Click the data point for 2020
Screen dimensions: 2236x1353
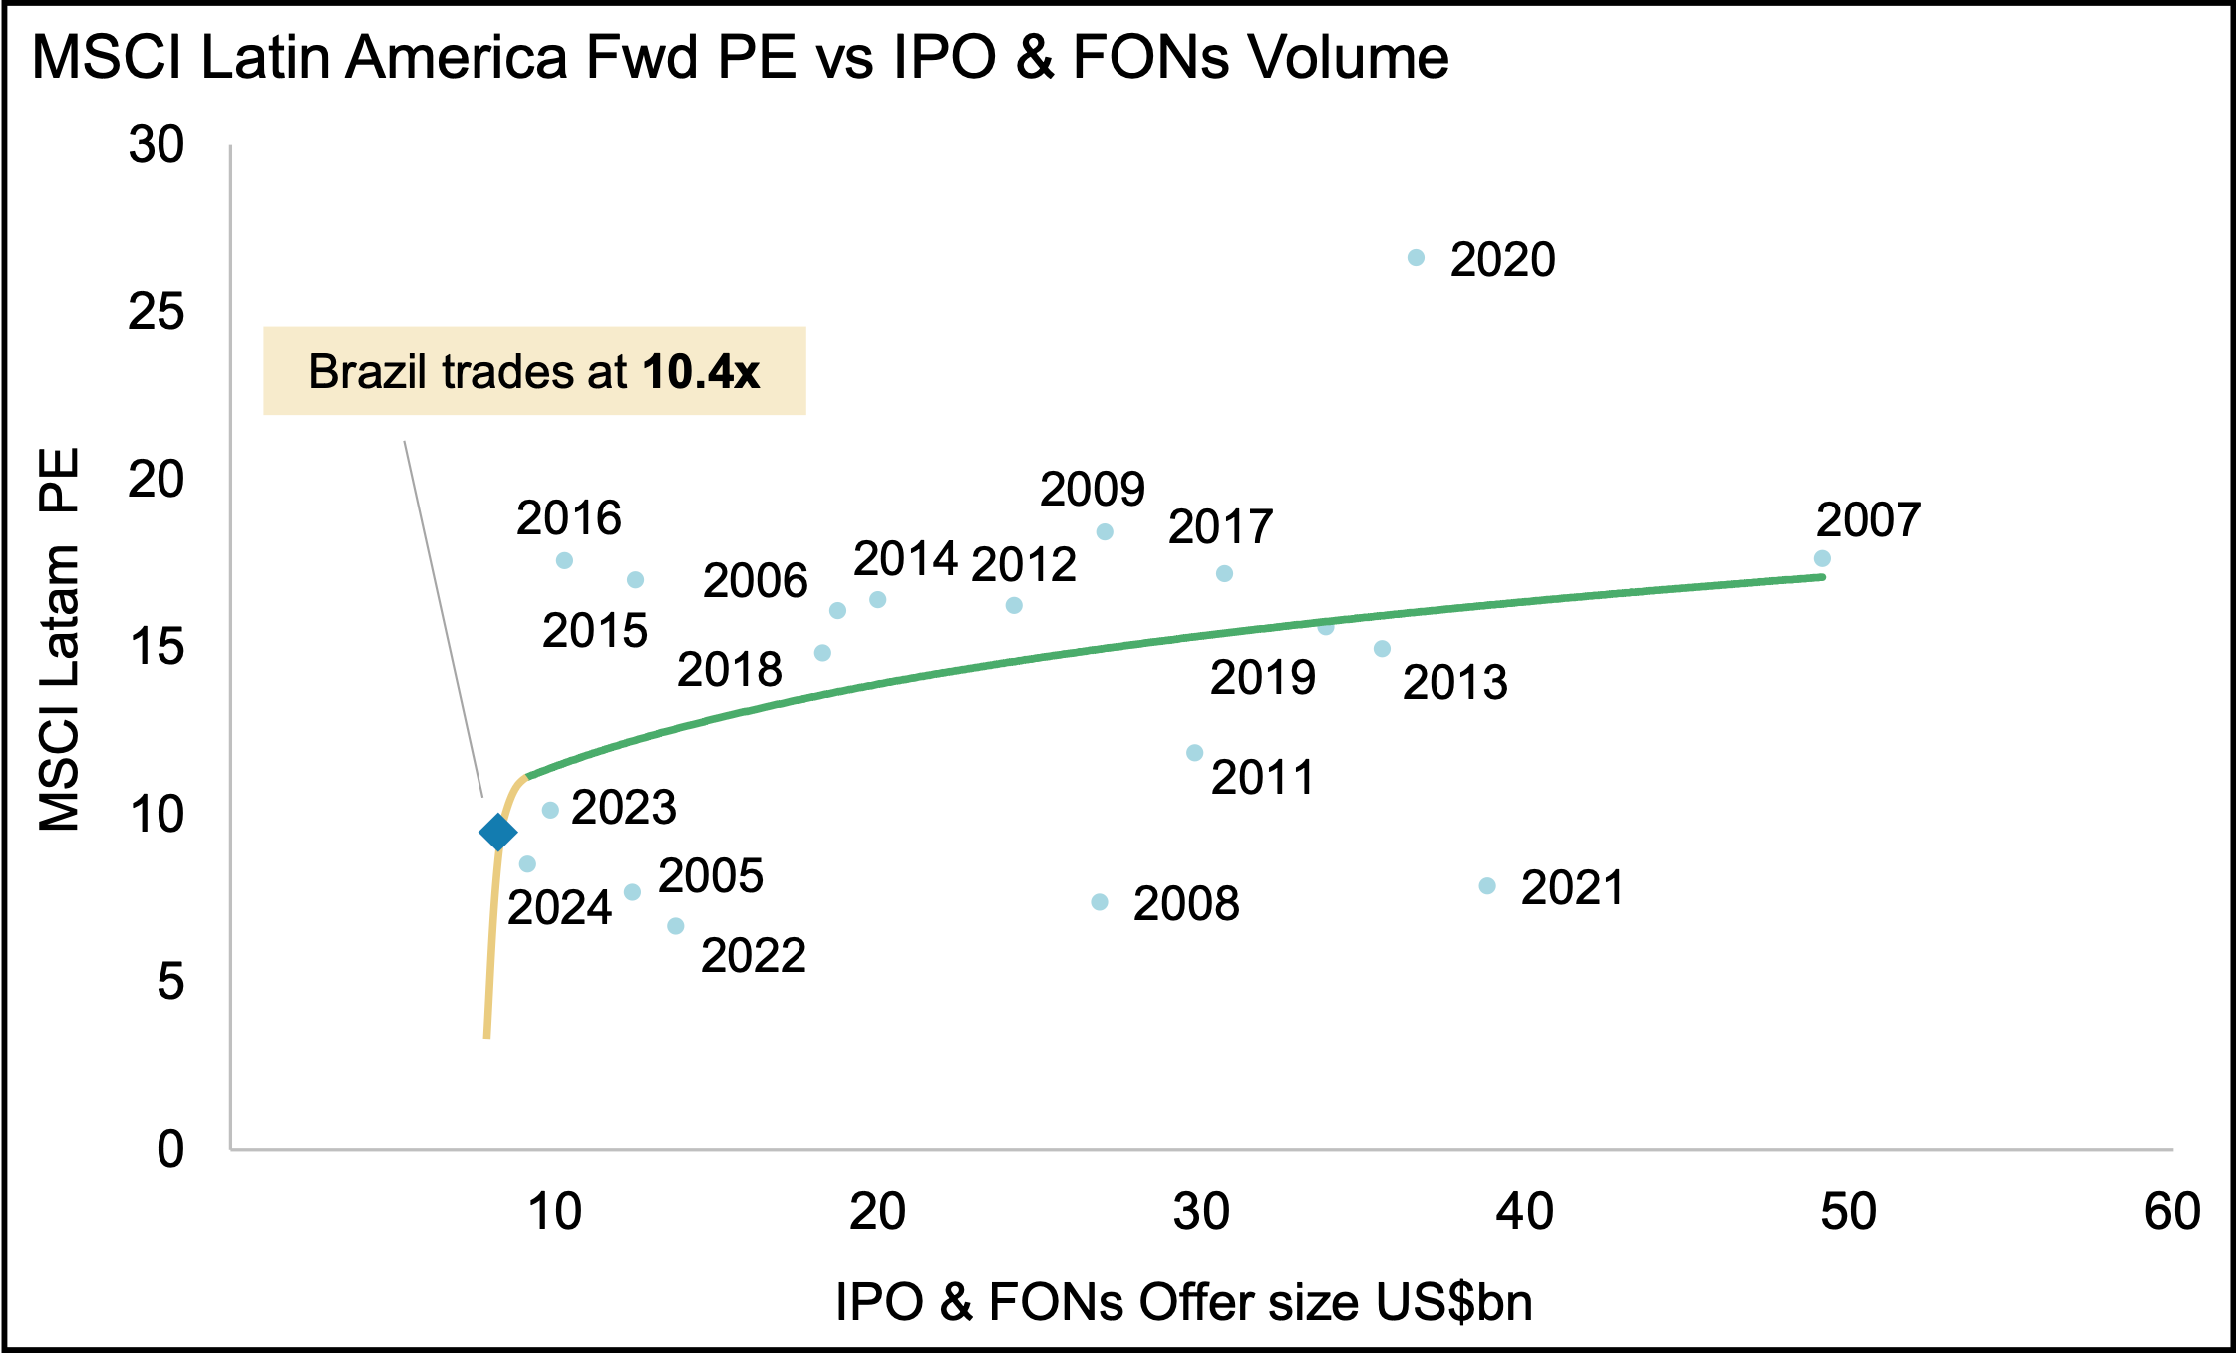tap(1416, 258)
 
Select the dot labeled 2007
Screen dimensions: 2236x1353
tap(1822, 558)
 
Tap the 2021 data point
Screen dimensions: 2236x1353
tap(1487, 886)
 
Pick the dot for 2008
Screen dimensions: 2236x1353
tap(1100, 902)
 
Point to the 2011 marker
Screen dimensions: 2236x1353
tap(1195, 753)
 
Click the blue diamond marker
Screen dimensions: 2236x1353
tap(497, 832)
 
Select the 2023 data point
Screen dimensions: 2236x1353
tap(550, 810)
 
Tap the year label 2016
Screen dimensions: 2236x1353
tap(568, 518)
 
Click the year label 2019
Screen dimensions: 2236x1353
tap(1263, 678)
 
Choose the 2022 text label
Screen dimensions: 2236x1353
tap(754, 956)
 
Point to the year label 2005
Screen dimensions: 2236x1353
tap(711, 876)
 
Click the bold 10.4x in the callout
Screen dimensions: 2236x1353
tap(701, 372)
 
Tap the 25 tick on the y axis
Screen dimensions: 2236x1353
tap(157, 312)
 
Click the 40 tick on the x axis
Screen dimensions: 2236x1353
tap(1525, 1212)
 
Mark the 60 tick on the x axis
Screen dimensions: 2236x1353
tap(2173, 1212)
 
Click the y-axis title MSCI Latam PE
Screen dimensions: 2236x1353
tap(59, 639)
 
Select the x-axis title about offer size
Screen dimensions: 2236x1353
tap(1184, 1302)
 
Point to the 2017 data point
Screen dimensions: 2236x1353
tap(1225, 573)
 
